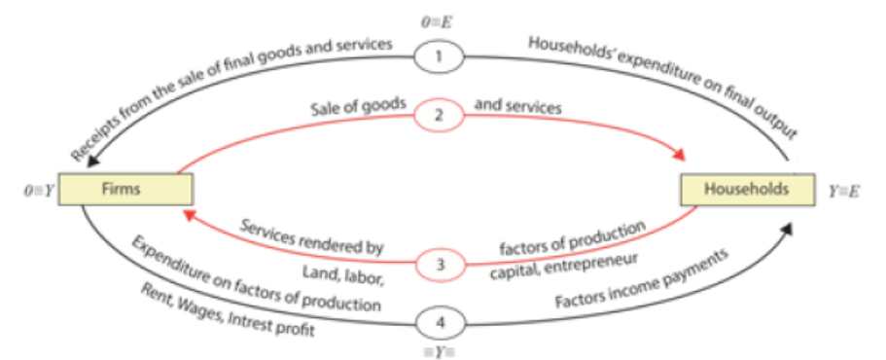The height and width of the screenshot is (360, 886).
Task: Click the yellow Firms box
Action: (126, 189)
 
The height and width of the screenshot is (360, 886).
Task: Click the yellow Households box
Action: (747, 189)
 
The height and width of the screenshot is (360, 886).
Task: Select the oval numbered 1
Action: (439, 57)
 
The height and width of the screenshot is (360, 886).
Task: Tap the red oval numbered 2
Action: (439, 116)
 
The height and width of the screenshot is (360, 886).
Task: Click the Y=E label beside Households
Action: (844, 192)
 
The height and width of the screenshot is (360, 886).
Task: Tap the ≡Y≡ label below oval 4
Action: (439, 351)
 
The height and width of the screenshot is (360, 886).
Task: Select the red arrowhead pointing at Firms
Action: (188, 214)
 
